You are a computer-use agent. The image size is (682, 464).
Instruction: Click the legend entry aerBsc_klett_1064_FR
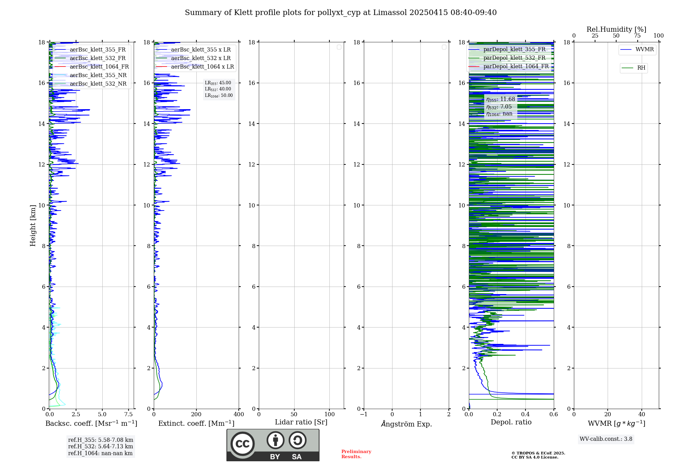click(x=99, y=67)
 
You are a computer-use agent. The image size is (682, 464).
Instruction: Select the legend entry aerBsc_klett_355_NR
click(x=98, y=75)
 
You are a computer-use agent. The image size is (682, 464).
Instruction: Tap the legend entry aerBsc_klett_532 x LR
click(x=201, y=58)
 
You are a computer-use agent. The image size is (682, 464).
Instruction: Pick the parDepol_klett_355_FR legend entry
click(x=514, y=49)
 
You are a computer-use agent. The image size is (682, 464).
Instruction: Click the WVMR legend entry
click(x=644, y=49)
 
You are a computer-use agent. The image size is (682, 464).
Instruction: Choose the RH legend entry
click(x=641, y=68)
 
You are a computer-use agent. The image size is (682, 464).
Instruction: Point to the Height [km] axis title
click(x=33, y=226)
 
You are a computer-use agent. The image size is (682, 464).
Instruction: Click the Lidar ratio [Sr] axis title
click(x=301, y=422)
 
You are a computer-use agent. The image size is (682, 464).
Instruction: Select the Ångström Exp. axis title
click(x=406, y=424)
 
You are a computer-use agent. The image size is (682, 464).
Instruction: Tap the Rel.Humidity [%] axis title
click(x=616, y=29)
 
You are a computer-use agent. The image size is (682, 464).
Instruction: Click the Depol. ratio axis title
click(x=511, y=422)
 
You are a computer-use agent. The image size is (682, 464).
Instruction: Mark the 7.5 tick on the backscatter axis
click(x=129, y=415)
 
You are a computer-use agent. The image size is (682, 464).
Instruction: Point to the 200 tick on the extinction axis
click(x=196, y=415)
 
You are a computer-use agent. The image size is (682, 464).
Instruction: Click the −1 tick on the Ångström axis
click(x=364, y=415)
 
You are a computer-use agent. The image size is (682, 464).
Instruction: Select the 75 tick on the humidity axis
click(x=637, y=36)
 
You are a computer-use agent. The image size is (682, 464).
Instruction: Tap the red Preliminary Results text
click(x=356, y=454)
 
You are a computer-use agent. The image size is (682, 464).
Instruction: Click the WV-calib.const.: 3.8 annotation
click(x=606, y=439)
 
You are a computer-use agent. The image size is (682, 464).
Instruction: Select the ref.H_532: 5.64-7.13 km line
click(x=101, y=447)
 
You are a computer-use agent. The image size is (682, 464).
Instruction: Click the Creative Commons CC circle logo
click(x=242, y=444)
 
